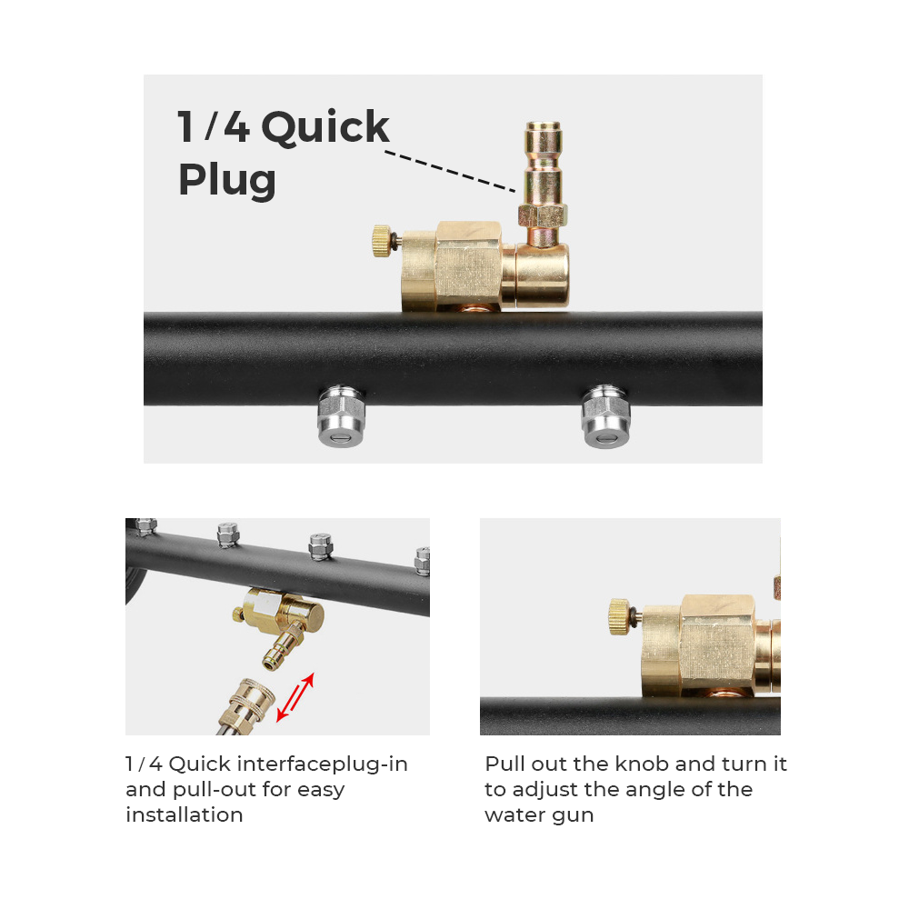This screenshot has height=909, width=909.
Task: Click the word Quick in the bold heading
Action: click(325, 127)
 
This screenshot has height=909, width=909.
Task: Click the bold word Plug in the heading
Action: click(226, 180)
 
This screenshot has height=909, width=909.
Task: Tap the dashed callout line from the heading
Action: click(450, 172)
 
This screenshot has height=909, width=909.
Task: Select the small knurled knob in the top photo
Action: click(382, 241)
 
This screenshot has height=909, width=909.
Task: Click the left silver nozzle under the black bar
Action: click(342, 416)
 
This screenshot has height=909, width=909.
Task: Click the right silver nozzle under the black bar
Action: click(605, 416)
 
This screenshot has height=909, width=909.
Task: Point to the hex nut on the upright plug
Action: click(544, 215)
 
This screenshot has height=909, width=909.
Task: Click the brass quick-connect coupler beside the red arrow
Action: click(246, 706)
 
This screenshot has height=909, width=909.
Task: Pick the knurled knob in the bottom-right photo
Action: click(619, 617)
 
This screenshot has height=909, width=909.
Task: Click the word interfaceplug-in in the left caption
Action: click(323, 764)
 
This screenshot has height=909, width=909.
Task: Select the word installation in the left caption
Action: click(185, 814)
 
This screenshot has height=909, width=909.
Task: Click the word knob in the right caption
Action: click(642, 764)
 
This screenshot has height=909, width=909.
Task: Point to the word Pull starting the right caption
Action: click(504, 764)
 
